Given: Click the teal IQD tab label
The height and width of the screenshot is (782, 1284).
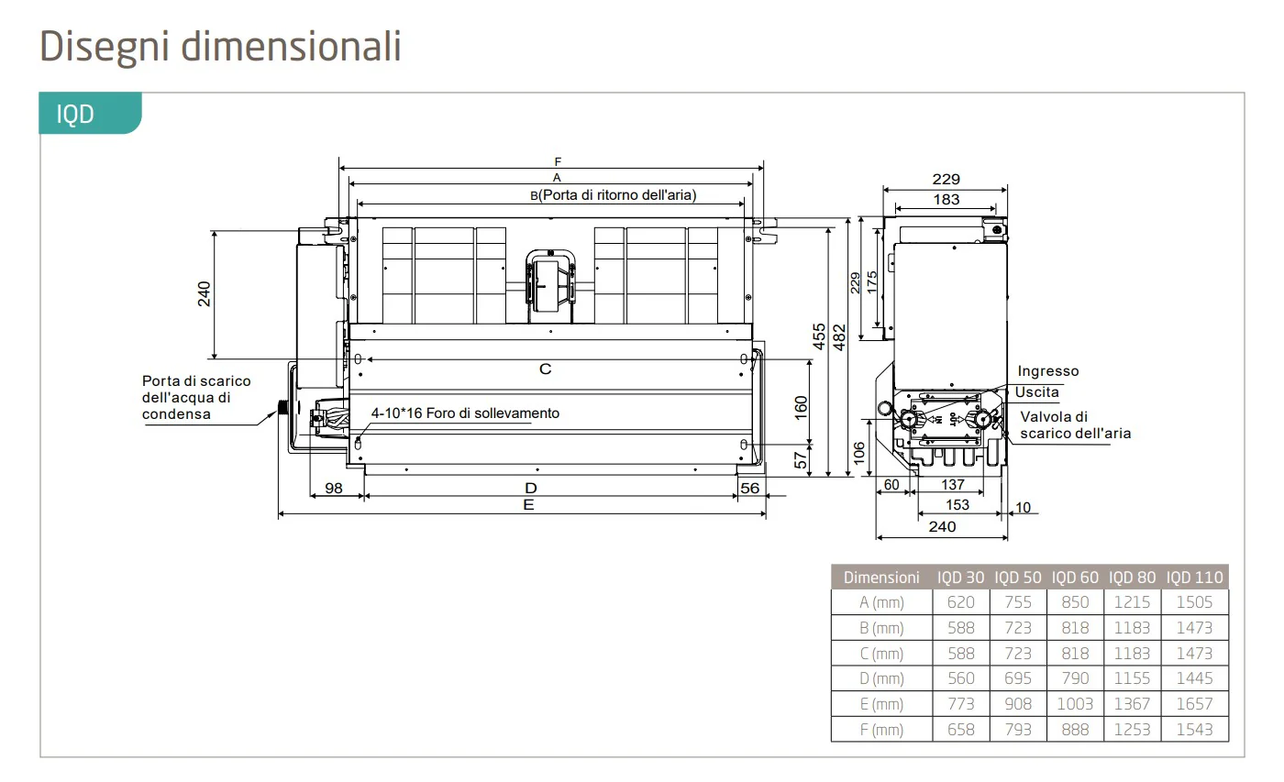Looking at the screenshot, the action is click(x=75, y=114).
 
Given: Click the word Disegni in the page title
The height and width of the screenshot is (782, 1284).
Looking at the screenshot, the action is click(x=105, y=47).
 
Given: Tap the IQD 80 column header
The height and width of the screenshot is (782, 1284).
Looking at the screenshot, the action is click(x=1132, y=577).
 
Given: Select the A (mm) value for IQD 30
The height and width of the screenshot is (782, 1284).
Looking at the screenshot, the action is click(x=961, y=602).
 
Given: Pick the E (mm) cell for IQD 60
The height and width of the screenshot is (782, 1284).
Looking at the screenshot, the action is click(x=1075, y=703).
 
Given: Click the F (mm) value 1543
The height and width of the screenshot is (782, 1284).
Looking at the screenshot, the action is click(x=1194, y=730).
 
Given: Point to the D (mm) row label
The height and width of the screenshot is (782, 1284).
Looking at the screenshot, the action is click(x=881, y=678).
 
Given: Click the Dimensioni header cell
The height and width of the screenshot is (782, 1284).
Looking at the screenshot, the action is click(x=881, y=577).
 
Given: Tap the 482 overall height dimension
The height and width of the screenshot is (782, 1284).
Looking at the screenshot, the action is click(x=839, y=337).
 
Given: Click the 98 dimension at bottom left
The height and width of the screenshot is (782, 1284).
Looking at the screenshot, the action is click(x=334, y=488).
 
